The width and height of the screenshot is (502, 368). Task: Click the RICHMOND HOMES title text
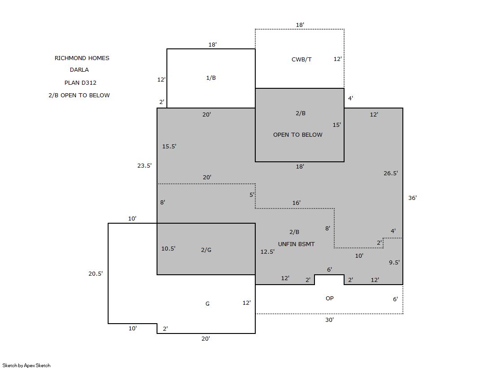click(x=82, y=58)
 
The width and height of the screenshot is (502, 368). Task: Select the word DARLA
click(x=79, y=70)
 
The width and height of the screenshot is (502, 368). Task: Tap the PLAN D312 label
click(x=80, y=82)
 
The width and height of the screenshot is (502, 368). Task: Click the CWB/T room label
click(x=301, y=59)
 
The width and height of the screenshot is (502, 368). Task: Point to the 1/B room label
click(x=211, y=78)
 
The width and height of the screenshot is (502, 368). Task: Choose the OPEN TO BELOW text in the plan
click(x=298, y=135)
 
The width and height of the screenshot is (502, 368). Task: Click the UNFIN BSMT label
click(x=297, y=244)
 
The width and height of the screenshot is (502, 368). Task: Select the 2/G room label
click(x=206, y=250)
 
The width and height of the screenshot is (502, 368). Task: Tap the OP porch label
click(x=330, y=298)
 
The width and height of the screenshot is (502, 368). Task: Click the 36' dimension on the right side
click(x=412, y=198)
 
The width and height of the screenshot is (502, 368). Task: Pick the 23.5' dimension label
click(x=144, y=165)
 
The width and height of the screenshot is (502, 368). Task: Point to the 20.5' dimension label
click(x=96, y=273)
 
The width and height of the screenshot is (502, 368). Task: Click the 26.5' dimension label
click(x=391, y=173)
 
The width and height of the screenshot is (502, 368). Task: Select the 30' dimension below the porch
click(x=329, y=320)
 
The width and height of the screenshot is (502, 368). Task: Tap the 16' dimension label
click(x=296, y=203)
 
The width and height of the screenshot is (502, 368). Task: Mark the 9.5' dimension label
click(x=394, y=262)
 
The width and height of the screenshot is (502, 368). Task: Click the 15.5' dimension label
click(x=169, y=146)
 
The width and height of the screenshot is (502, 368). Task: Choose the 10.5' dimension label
click(x=168, y=248)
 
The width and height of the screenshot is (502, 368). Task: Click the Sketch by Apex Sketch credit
click(x=26, y=365)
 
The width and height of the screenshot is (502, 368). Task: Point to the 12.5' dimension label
click(x=267, y=251)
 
